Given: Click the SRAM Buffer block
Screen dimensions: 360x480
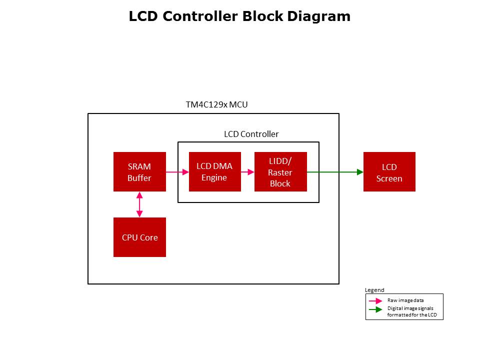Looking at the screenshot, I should tap(139, 171).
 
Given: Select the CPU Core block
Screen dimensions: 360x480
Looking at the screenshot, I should tap(139, 237).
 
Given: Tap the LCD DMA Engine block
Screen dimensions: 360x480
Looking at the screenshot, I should tap(214, 171).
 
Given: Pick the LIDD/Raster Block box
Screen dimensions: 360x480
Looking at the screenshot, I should tap(280, 171).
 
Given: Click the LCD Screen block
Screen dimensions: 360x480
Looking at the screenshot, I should tap(389, 171).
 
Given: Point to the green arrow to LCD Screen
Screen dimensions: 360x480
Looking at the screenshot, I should tap(335, 172).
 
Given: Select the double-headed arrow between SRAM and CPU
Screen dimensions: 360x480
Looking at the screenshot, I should tap(139, 204).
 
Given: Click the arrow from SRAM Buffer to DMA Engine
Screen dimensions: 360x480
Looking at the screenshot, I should tap(177, 172).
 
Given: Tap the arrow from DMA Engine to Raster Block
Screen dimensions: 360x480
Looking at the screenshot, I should tap(247, 172).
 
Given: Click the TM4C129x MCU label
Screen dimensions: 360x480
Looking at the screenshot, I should tap(216, 105).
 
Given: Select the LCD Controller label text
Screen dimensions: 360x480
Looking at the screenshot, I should tap(251, 134).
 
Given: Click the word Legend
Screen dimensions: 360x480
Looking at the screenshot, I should tap(374, 290).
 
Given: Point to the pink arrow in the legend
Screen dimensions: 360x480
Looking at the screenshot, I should tap(375, 301).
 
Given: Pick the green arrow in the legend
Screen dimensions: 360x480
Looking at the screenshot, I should tap(375, 310).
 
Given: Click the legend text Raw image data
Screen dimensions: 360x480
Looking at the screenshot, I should tap(405, 300).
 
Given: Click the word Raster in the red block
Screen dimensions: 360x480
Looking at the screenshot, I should tap(280, 172).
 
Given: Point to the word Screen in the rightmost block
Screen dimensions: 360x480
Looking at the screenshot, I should tap(389, 178).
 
